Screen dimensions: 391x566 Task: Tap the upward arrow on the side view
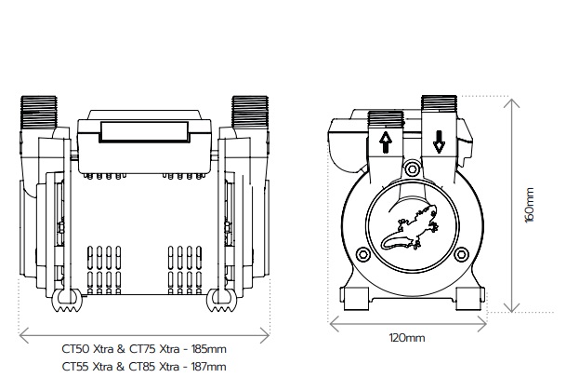(x=385, y=143)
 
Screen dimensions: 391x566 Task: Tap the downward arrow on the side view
(x=439, y=143)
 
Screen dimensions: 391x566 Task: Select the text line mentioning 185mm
(x=144, y=349)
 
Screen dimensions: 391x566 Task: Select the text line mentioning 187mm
(x=144, y=366)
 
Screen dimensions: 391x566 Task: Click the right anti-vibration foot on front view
(x=223, y=300)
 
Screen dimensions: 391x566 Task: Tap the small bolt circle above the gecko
(x=412, y=169)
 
